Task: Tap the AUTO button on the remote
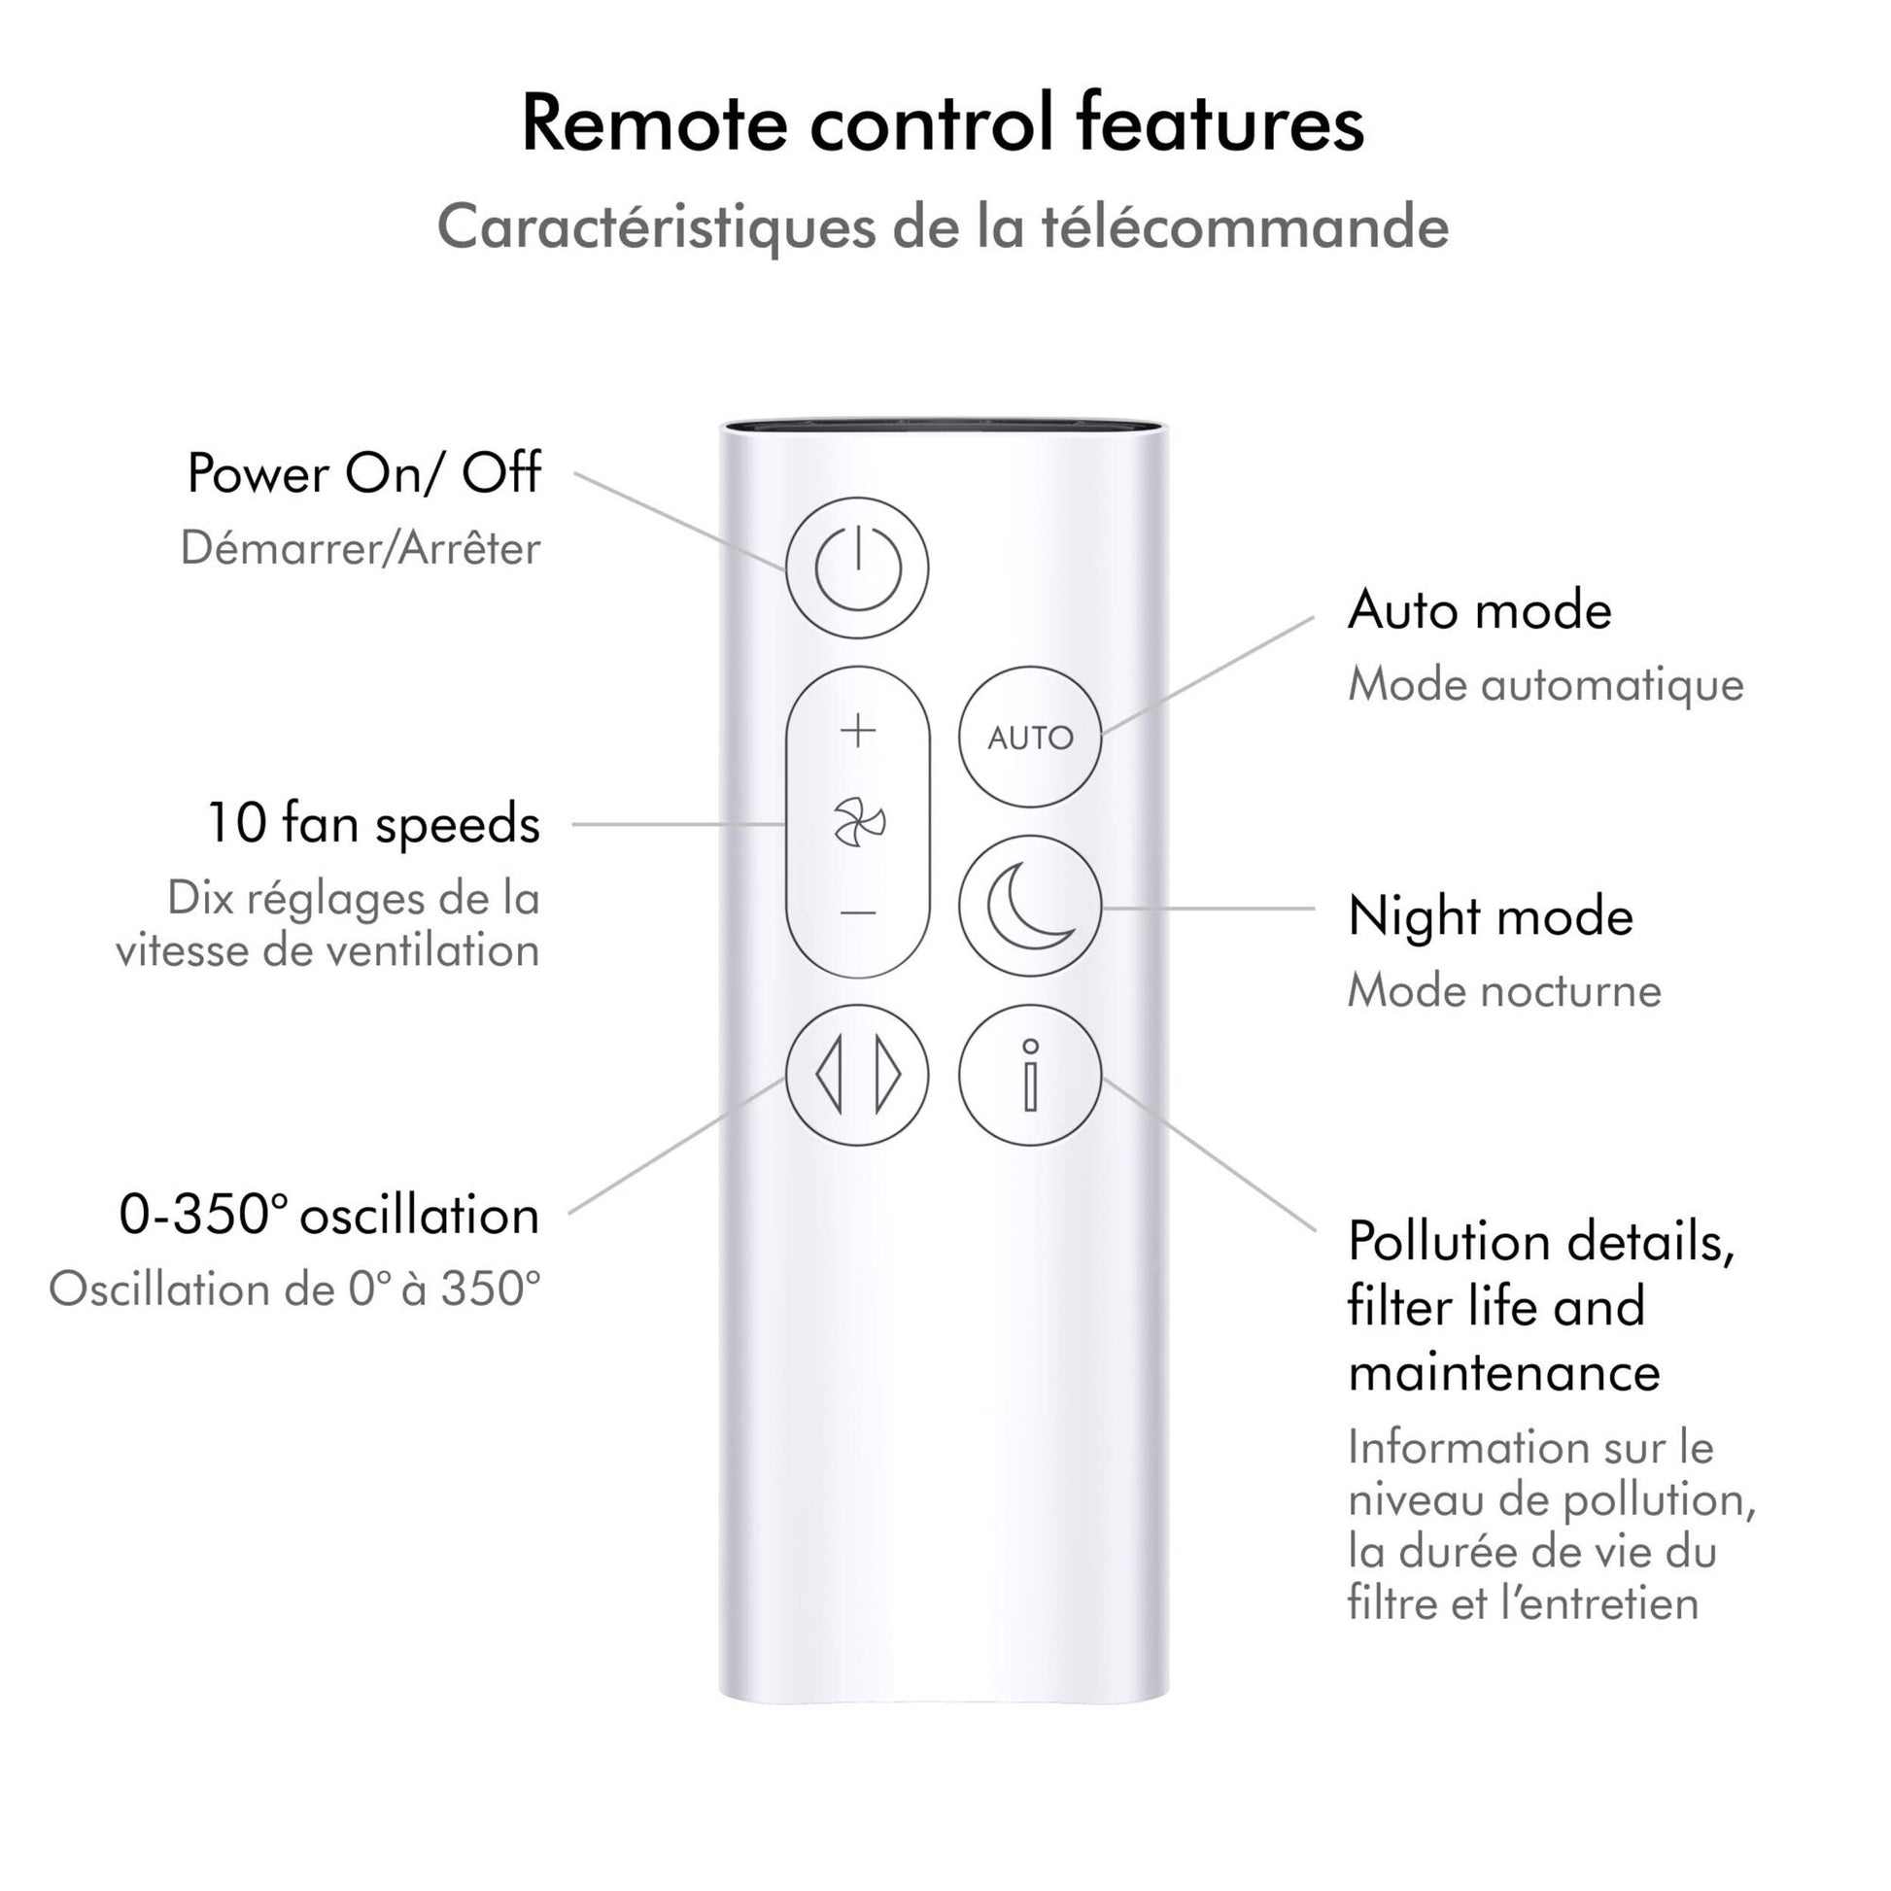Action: pos(1030,737)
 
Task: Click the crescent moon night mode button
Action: pos(1030,906)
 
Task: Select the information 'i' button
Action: pos(1030,1075)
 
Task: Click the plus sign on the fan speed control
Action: pos(858,730)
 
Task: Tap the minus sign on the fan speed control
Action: pos(858,913)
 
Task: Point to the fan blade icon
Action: pos(858,821)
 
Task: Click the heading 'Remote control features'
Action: pos(943,123)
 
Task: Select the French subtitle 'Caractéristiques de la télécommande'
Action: pos(943,227)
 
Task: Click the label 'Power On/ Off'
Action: pos(363,474)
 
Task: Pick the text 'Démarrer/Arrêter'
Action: pos(361,548)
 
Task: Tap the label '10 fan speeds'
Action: pos(373,823)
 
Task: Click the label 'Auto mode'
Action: pos(1479,611)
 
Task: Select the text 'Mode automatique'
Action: pos(1545,684)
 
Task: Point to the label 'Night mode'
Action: pos(1490,917)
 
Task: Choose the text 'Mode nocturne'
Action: pos(1504,990)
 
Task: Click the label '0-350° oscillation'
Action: pos(328,1216)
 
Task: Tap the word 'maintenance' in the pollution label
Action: pos(1504,1372)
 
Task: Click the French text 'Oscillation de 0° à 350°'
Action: pos(294,1289)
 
